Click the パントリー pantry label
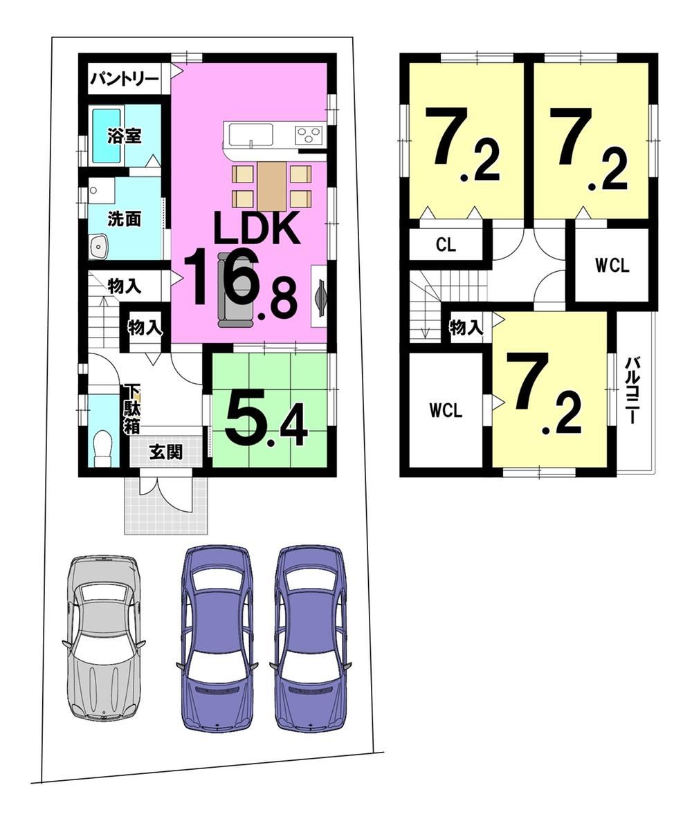pos(124,80)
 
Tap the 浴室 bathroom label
pos(124,136)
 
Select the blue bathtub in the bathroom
pos(107,136)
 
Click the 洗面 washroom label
pos(124,219)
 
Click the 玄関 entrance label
pos(166,452)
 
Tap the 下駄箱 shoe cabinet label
pos(132,408)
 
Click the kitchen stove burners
pos(307,136)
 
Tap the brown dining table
pos(272,186)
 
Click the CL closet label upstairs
pos(446,245)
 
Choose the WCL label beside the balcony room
pos(446,411)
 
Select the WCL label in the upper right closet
pos(612,266)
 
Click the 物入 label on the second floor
pos(466,328)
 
